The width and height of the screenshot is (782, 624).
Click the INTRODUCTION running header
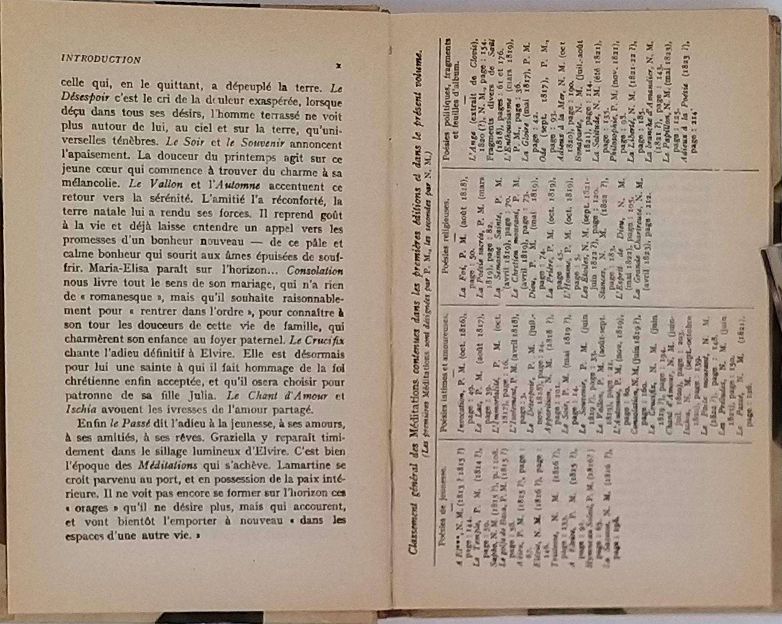click(x=101, y=60)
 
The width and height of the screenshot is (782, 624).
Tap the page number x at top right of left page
click(x=338, y=66)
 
